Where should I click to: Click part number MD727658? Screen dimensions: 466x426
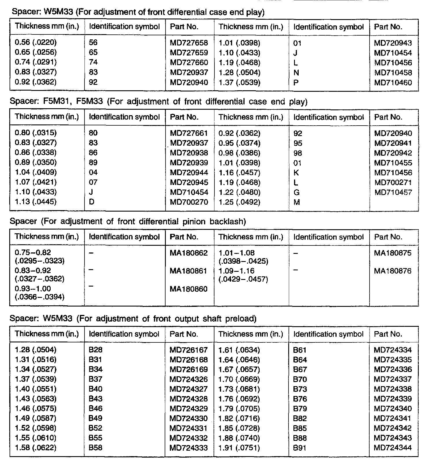[x=189, y=43]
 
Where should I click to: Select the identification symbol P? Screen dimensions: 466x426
[x=296, y=83]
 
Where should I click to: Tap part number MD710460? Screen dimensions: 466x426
[x=393, y=83]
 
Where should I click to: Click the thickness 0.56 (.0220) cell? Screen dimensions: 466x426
[x=36, y=43]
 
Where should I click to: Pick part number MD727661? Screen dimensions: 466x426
[x=189, y=133]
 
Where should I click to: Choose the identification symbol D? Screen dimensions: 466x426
[x=91, y=202]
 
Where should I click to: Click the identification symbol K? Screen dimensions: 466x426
[x=296, y=173]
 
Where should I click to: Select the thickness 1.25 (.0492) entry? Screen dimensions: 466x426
[x=239, y=202]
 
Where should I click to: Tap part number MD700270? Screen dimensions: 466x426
[x=189, y=202]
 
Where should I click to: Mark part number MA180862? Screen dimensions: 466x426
[x=188, y=253]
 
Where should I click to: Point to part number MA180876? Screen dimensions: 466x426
[x=392, y=271]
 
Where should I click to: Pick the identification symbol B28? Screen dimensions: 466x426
[x=96, y=350]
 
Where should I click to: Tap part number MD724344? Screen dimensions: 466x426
[x=392, y=448]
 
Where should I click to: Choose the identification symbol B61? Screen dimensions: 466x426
[x=300, y=350]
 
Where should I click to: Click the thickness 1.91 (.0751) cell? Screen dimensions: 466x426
[x=239, y=448]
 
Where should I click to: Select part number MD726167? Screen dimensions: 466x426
[x=188, y=350]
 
